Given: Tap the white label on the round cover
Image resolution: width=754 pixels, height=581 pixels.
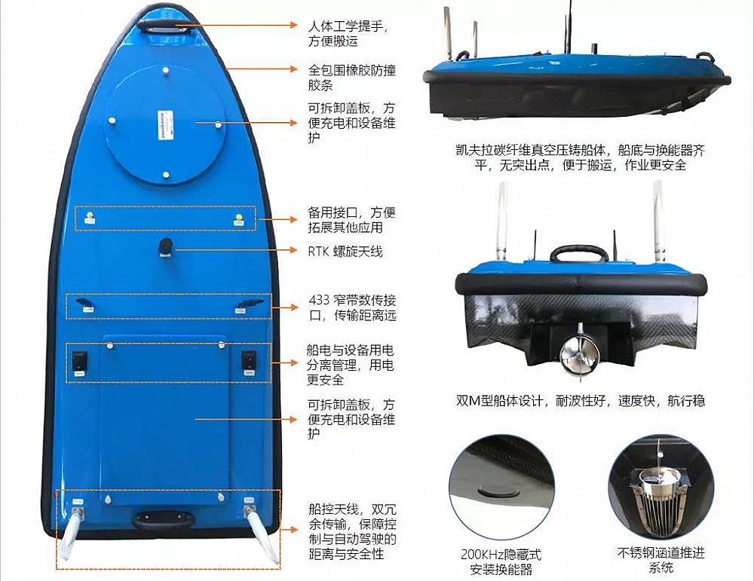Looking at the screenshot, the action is [x=164, y=126].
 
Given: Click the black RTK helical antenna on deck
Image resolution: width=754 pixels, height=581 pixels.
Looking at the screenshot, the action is [x=166, y=247].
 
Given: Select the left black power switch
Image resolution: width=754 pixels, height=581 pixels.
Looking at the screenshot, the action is [x=80, y=362].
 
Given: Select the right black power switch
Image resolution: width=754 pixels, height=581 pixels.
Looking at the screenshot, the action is [x=249, y=362].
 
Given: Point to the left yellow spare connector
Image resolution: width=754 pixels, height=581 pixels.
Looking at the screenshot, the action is [x=89, y=218].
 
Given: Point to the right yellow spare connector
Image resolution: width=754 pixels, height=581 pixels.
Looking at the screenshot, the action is [x=238, y=219].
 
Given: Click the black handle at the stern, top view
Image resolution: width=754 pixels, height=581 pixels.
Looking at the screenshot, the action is [x=164, y=519].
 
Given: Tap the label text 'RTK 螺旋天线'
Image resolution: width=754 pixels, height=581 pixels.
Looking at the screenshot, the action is [x=345, y=251].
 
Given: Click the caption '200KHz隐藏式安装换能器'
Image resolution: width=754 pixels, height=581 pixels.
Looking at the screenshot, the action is [x=501, y=562].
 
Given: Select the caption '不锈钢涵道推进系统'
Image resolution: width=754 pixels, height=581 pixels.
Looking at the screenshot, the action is [x=661, y=560].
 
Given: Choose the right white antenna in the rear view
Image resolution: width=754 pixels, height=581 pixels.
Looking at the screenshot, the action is [x=658, y=220].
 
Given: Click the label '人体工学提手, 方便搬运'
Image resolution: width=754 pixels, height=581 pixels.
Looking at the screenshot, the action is [x=347, y=33].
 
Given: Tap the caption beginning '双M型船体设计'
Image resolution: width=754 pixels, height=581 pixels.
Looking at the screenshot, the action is [x=581, y=400].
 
